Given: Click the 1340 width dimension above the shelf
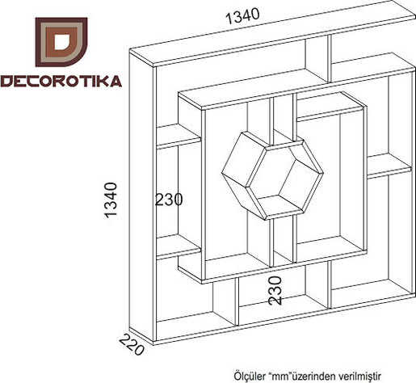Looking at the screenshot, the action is [x=242, y=15].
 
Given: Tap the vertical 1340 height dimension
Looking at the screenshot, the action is [x=111, y=200].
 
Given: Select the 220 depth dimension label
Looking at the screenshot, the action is [x=131, y=344].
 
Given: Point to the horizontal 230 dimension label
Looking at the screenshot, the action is [x=169, y=200].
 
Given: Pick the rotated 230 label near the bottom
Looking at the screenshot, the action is [x=275, y=291].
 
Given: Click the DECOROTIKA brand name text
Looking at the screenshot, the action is [x=61, y=81].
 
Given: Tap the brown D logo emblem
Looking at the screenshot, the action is [x=61, y=42].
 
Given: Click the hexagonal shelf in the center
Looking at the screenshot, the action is [x=272, y=175].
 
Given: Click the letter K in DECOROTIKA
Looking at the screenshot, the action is [x=103, y=81].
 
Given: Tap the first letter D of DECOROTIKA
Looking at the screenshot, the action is [x=6, y=82].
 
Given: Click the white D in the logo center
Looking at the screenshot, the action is [x=61, y=42].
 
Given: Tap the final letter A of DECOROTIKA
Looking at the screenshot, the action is [x=116, y=81].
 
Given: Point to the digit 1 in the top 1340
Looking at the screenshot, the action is [x=229, y=19].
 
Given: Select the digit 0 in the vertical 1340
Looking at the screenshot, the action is [x=111, y=187].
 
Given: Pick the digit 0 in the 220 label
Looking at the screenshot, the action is [x=138, y=350].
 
